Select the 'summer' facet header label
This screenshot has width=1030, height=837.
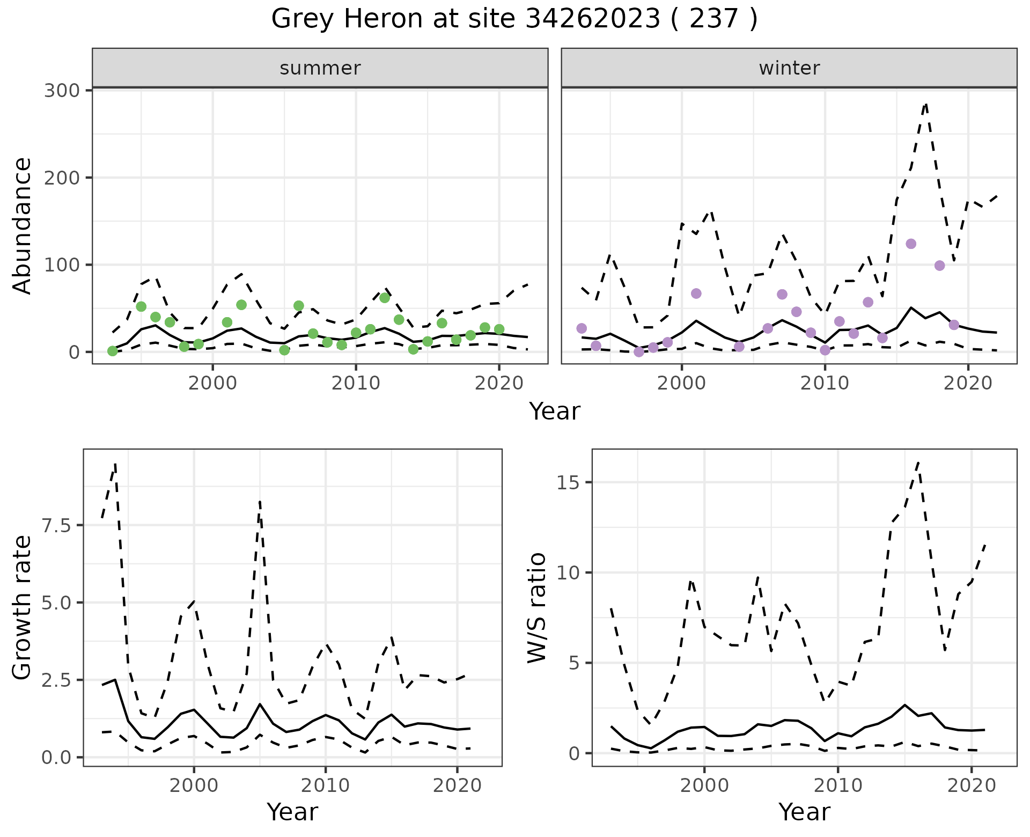(x=320, y=68)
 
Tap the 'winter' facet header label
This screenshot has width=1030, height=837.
(x=789, y=68)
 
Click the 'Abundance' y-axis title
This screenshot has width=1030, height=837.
(x=22, y=226)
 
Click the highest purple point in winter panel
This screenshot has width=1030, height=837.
(x=911, y=244)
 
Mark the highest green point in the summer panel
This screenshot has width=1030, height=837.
(x=385, y=298)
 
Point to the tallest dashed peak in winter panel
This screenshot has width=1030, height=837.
(x=925, y=104)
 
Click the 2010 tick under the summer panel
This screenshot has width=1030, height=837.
(x=356, y=384)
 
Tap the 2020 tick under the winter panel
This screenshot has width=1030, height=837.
(x=968, y=384)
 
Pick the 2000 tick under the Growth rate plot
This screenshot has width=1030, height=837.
(x=194, y=786)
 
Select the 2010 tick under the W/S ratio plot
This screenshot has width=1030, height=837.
(x=838, y=786)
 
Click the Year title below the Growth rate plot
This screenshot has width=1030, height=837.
(x=292, y=812)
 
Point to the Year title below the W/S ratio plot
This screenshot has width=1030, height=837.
(x=804, y=812)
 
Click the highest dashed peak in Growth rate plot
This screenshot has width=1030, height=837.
(x=115, y=464)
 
